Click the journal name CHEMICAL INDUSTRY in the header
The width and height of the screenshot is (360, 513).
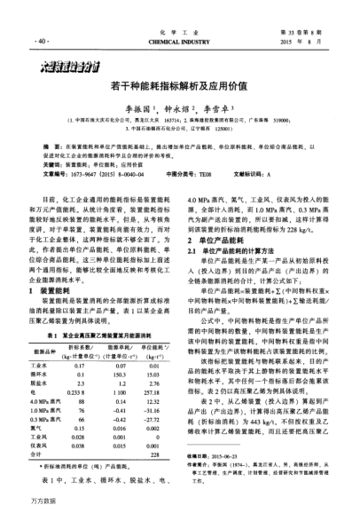[180, 41]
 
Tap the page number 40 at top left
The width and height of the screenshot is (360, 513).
[42, 41]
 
